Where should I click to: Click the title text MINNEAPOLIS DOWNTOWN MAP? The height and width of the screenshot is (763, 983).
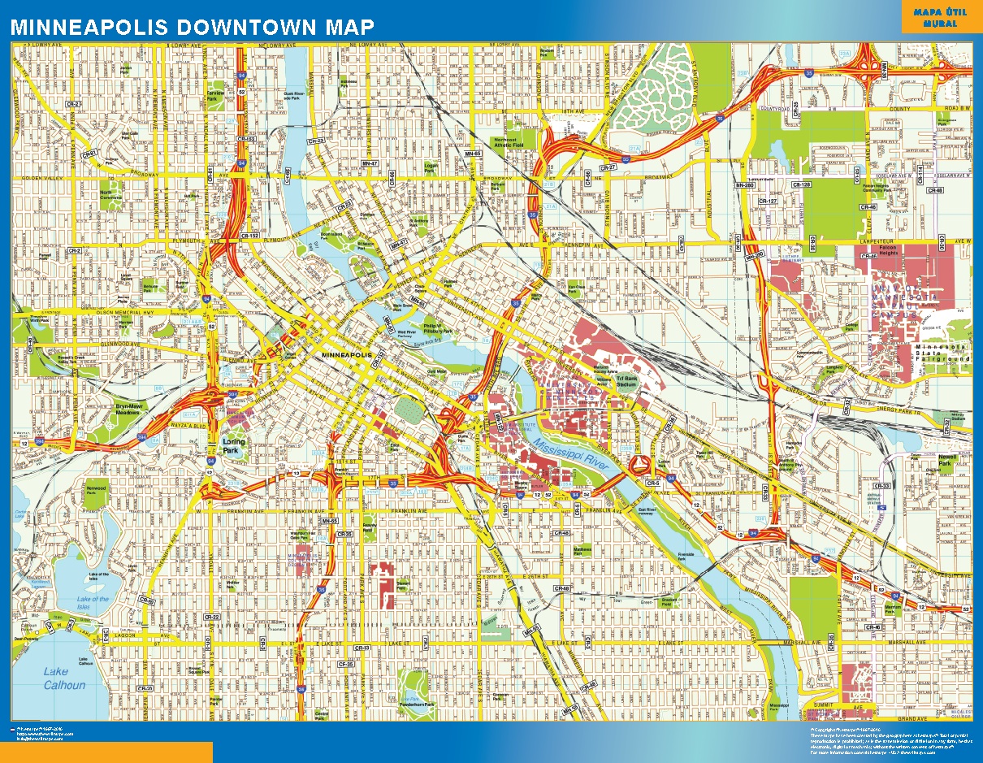click(x=193, y=26)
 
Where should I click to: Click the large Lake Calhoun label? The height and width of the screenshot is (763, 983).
click(x=64, y=678)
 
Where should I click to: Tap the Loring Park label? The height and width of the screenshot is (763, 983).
click(x=233, y=445)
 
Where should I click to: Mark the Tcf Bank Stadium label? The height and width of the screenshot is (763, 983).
click(x=626, y=381)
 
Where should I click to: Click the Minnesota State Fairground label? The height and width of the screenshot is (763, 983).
click(x=942, y=353)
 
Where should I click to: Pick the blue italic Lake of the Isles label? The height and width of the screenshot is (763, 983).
click(x=93, y=603)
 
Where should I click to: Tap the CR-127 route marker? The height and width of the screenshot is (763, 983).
click(x=768, y=201)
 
